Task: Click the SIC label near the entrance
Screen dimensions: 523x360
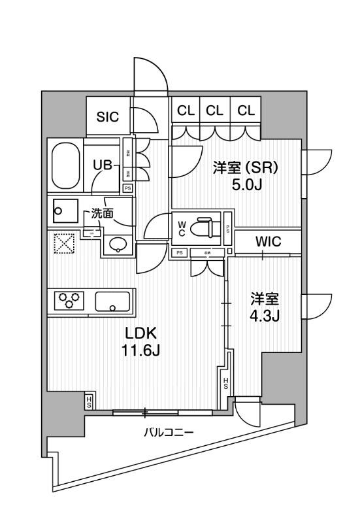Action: tap(108, 118)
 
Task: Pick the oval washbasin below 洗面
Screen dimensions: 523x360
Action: tap(117, 245)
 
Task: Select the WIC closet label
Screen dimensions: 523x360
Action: tap(268, 241)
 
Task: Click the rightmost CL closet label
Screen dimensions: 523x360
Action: tap(246, 110)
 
